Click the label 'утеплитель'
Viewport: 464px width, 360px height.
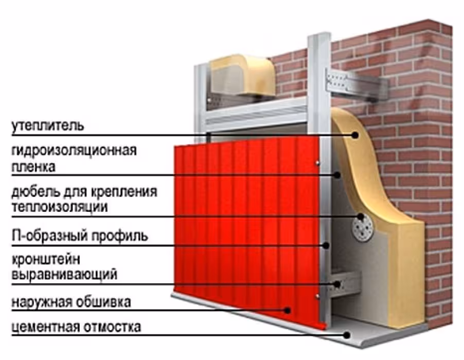click(48, 126)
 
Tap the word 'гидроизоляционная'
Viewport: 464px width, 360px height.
click(74, 151)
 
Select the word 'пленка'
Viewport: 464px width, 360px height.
click(33, 167)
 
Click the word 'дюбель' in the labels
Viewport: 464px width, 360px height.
click(35, 192)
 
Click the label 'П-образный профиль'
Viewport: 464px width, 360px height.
click(80, 236)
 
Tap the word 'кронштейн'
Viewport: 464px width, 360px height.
click(46, 260)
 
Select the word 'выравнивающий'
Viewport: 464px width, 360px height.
click(64, 275)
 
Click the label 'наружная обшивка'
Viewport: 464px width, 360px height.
click(71, 302)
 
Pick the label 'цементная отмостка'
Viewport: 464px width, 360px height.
click(76, 328)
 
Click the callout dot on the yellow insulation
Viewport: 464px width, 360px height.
click(355, 135)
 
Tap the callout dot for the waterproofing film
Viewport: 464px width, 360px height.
click(337, 175)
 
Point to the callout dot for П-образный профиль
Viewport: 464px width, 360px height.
click(326, 245)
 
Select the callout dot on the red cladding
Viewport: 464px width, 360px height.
click(287, 310)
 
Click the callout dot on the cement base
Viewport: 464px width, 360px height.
click(347, 335)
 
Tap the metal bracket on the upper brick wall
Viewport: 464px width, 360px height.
click(356, 84)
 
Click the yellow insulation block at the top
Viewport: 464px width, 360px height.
click(243, 76)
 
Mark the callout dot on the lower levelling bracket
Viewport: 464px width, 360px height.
click(337, 284)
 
